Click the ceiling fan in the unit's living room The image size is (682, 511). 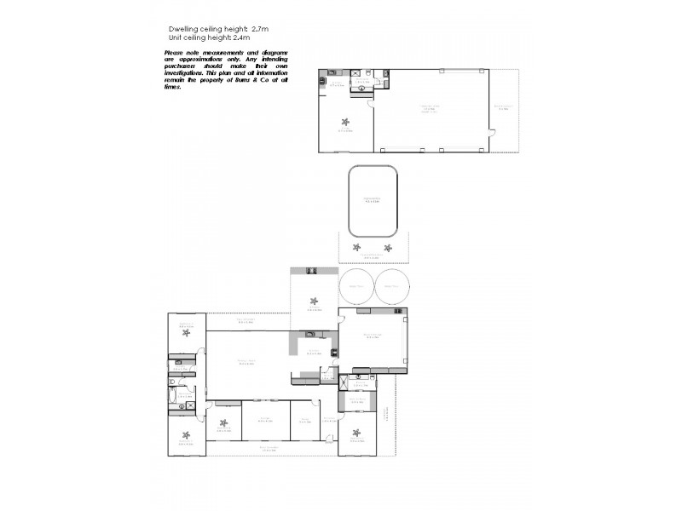[345, 121]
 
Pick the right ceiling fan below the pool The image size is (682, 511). [388, 248]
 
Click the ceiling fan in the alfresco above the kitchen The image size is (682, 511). [314, 301]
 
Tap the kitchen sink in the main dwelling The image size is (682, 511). [310, 333]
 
